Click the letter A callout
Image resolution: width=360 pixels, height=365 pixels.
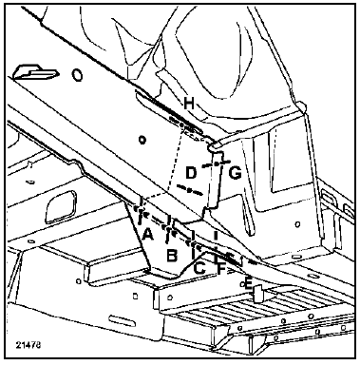[x=148, y=235]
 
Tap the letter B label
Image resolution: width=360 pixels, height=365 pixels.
[x=172, y=256]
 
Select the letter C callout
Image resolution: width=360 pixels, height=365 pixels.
[x=199, y=268]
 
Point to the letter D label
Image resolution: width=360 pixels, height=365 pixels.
[x=191, y=173]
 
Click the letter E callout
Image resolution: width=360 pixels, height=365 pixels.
[x=249, y=283]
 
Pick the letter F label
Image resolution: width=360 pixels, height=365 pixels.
[x=221, y=269]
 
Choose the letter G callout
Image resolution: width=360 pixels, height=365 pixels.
[x=235, y=173]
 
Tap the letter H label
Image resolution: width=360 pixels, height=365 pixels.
[x=189, y=104]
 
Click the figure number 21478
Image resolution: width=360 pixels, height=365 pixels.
[x=28, y=345]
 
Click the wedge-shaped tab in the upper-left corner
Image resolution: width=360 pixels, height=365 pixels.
[x=35, y=71]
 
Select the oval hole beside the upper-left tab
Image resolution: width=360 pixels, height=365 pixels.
[x=77, y=75]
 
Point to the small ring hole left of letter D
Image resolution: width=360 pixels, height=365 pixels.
[x=142, y=139]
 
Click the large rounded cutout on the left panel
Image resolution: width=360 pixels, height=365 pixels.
[x=61, y=206]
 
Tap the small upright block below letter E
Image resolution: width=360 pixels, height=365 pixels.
[x=258, y=294]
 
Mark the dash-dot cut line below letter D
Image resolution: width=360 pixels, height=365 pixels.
[x=189, y=190]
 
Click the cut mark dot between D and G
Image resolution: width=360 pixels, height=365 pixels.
[x=217, y=163]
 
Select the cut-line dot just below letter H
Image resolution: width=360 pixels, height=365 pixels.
[x=181, y=125]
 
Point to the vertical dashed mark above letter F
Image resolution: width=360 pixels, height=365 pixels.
[x=216, y=246]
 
